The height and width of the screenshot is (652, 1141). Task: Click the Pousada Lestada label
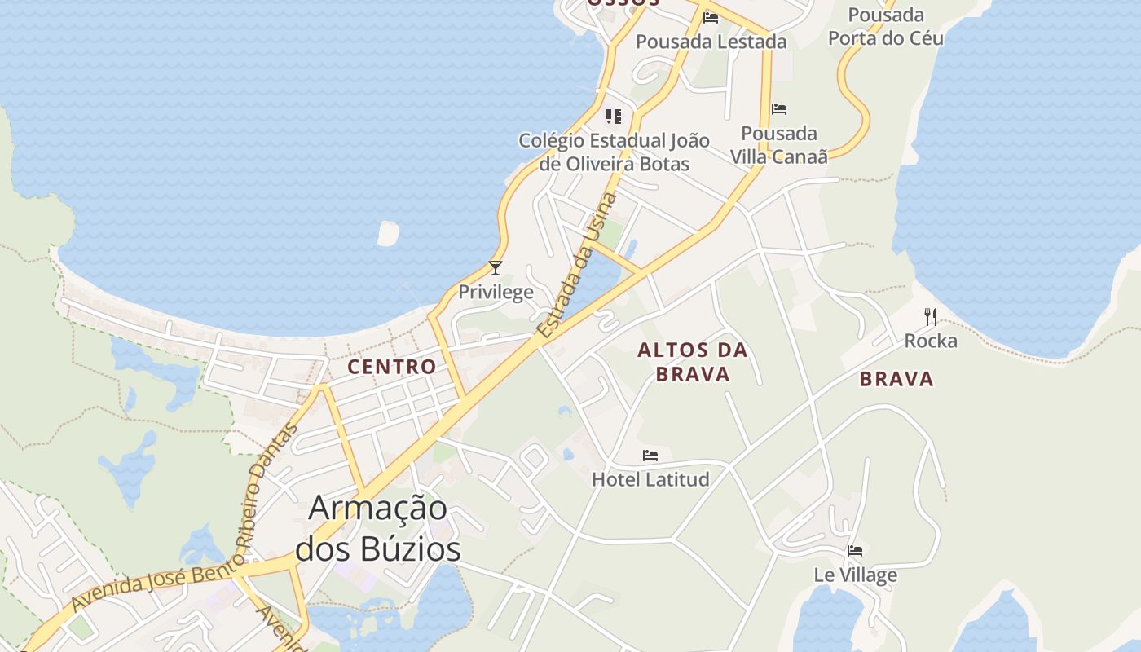pos(711,42)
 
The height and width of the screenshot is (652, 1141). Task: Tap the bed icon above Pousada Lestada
pos(711,17)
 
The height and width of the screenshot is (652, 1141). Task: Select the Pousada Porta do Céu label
pos(886,26)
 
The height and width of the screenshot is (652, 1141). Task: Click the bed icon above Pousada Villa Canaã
pos(779,109)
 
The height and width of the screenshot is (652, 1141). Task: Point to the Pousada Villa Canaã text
pos(778,144)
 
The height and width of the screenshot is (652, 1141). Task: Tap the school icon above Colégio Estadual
pos(614,116)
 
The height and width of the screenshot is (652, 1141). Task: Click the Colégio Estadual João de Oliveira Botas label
pos(614,152)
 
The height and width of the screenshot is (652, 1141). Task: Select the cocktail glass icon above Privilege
pos(496,267)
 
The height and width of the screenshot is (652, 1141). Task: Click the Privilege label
pos(496,292)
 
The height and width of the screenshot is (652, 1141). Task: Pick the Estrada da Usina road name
pos(577,266)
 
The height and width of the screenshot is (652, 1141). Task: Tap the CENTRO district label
pos(392,367)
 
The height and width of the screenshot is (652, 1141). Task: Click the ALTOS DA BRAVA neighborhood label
pos(692,362)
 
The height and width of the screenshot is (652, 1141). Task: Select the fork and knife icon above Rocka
pos(931,316)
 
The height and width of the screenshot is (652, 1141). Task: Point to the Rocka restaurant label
pos(931,341)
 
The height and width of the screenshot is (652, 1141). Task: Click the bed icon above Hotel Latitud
pos(650,456)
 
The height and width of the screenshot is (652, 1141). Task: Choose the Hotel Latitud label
pos(650,479)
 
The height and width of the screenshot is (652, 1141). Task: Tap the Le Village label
pos(855,575)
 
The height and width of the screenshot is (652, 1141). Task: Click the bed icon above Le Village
pos(855,551)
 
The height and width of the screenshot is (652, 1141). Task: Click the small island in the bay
pos(389,234)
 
